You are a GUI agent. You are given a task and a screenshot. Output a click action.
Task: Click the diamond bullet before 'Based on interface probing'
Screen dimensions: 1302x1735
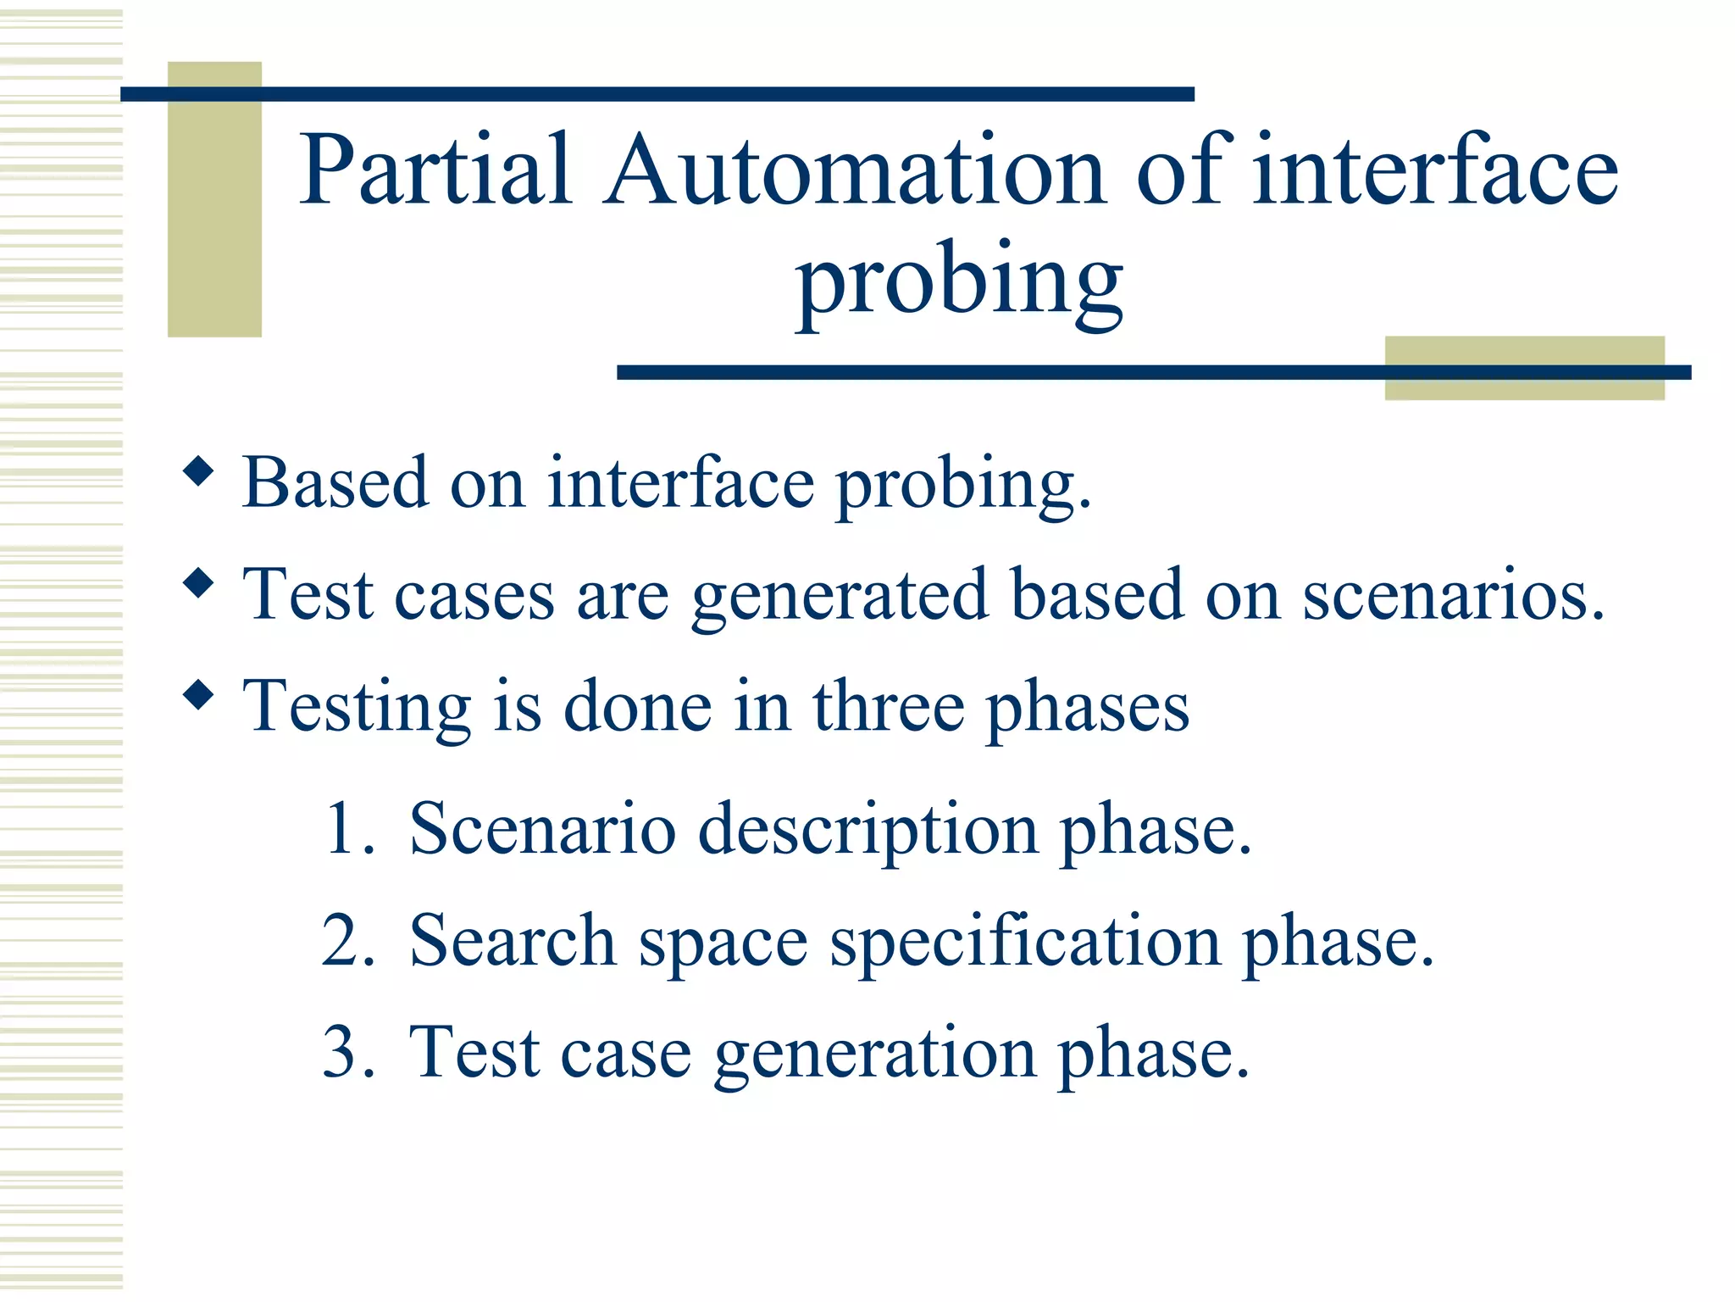coord(198,471)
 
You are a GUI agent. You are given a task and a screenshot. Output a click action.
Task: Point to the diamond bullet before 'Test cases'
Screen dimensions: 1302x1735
coord(198,583)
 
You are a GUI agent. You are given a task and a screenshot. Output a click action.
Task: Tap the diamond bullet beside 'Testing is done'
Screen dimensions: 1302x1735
coord(198,695)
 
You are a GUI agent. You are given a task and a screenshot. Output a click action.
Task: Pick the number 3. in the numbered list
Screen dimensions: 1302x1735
coord(348,1052)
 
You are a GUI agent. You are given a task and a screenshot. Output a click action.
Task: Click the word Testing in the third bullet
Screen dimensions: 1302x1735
coord(356,709)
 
